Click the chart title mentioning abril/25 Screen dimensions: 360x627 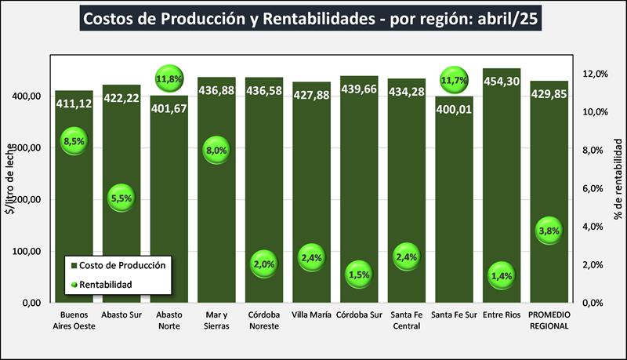point(313,18)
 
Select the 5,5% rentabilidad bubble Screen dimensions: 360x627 point(121,199)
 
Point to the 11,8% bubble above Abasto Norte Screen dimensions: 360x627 point(169,79)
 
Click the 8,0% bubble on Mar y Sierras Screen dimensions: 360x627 point(216,150)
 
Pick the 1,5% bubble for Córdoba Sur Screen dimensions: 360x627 point(359,275)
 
